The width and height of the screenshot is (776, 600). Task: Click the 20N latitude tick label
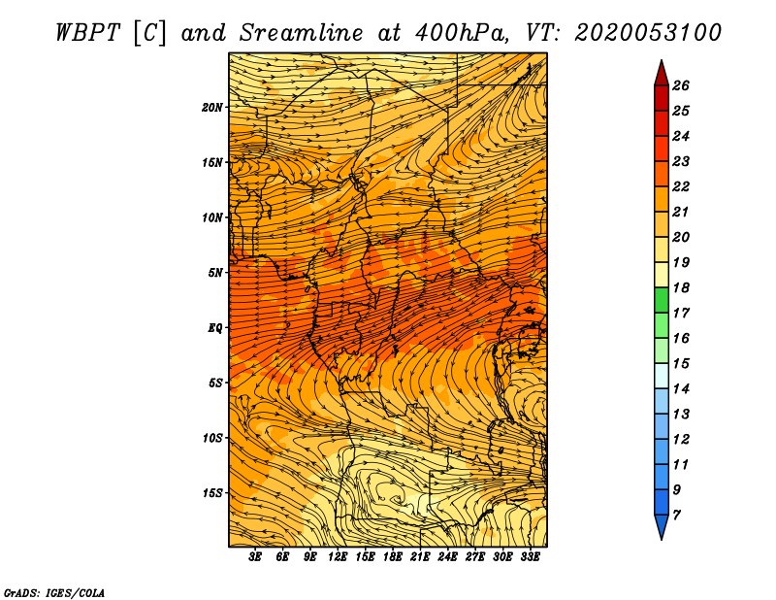[212, 108]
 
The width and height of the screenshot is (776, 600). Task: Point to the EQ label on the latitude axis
[215, 328]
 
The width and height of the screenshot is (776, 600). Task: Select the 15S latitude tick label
[212, 493]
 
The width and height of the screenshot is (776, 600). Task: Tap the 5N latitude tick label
[215, 273]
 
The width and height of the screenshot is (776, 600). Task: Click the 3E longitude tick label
[255, 557]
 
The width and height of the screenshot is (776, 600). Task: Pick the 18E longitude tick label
[393, 557]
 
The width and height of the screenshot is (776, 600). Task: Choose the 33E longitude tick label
[530, 557]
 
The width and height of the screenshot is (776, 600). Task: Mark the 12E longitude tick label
[338, 557]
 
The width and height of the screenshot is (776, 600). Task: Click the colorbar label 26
[681, 85]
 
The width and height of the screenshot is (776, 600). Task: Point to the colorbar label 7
[676, 516]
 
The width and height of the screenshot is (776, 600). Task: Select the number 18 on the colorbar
[681, 287]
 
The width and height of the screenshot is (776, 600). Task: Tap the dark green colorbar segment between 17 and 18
[662, 300]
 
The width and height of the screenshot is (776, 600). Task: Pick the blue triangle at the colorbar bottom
[662, 526]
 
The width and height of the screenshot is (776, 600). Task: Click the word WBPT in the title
[87, 33]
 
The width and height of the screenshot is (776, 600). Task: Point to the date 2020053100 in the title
[647, 33]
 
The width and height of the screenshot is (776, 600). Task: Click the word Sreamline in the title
[302, 33]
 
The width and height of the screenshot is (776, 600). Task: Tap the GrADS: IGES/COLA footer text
[54, 593]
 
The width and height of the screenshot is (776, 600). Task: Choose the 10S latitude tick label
[212, 439]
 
